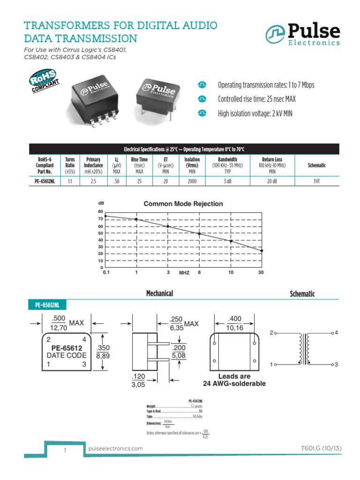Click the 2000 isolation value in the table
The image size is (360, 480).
point(192,181)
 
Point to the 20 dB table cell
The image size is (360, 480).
point(274,181)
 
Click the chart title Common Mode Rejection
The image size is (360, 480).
point(183,204)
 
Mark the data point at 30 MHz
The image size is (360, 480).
point(262,251)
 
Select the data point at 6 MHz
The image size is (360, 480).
point(199,233)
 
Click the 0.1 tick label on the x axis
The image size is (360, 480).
point(106,273)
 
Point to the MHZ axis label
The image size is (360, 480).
point(184,273)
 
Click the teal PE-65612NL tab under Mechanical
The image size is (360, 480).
point(48,305)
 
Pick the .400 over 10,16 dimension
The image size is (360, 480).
point(235,323)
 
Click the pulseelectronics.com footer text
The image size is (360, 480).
point(115,449)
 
